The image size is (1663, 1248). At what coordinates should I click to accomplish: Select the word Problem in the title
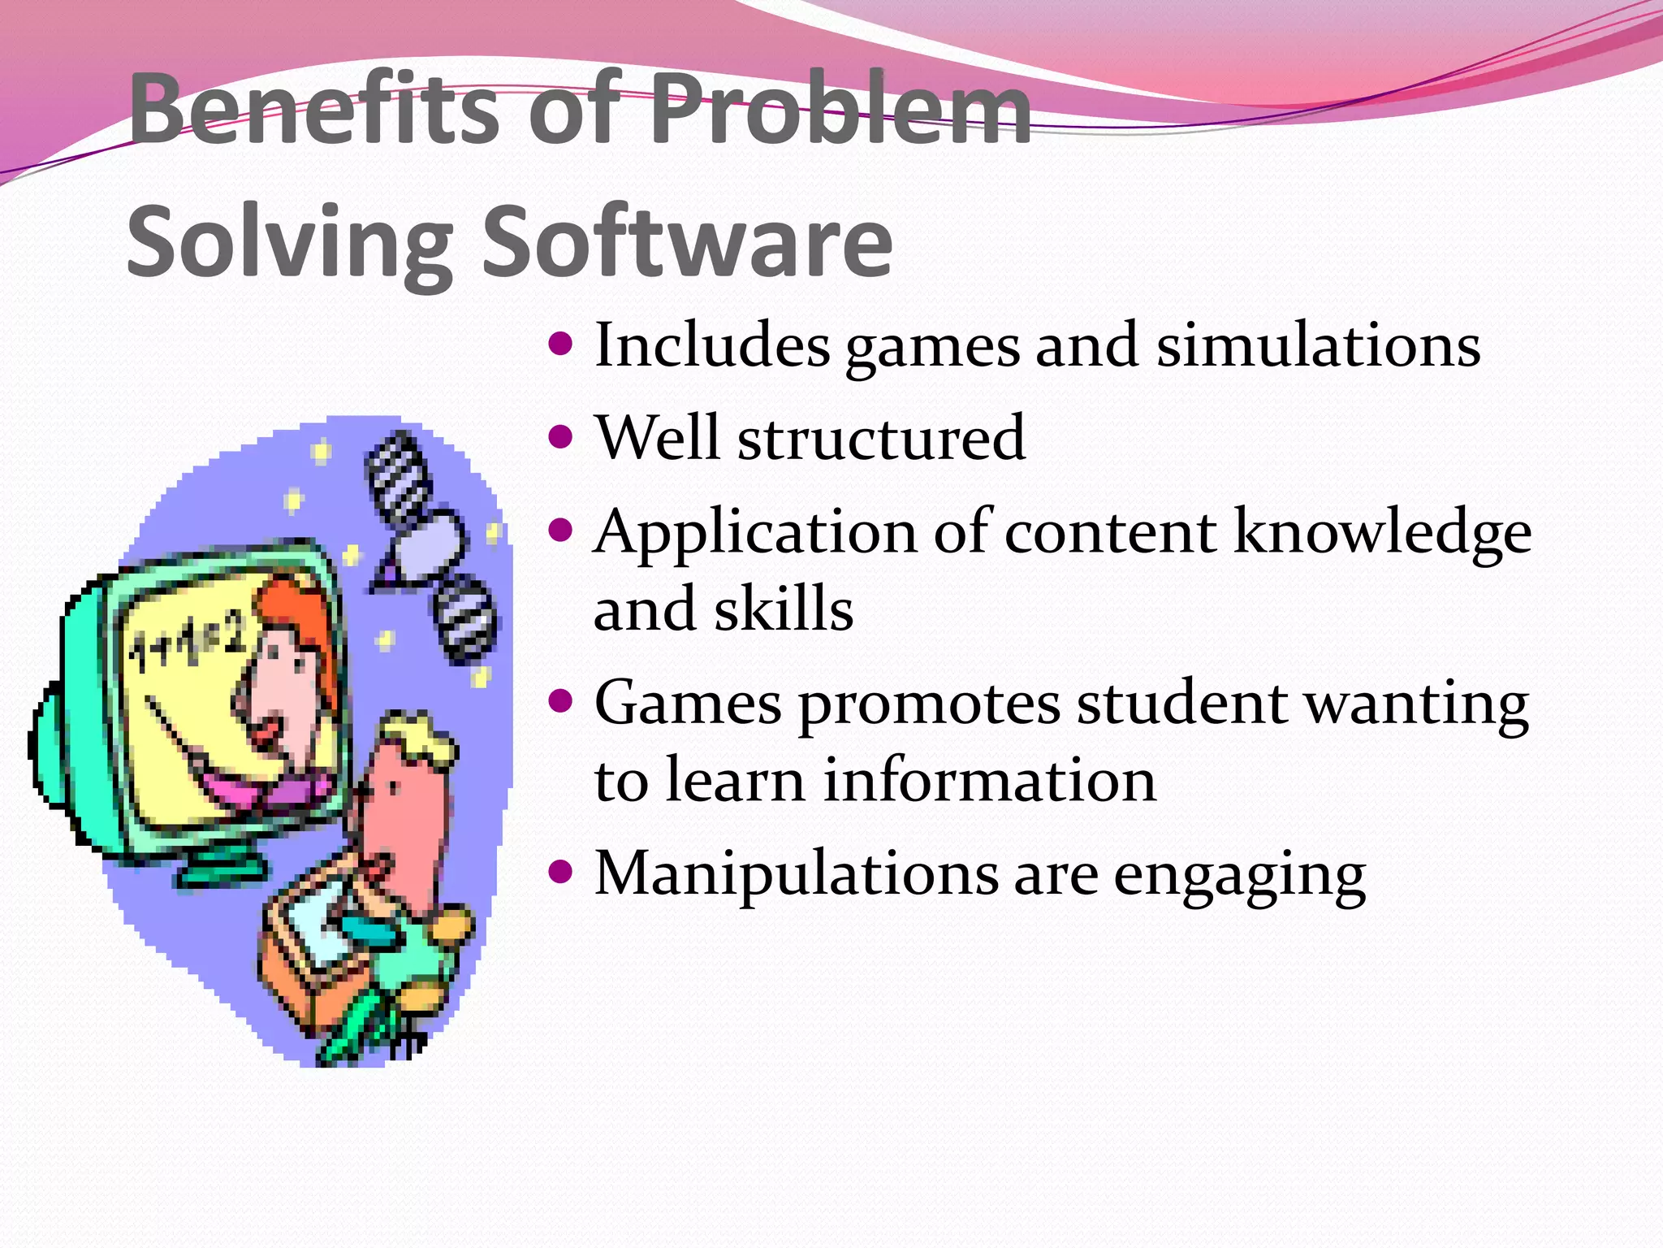(x=841, y=110)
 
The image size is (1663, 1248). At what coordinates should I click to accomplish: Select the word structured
(x=881, y=439)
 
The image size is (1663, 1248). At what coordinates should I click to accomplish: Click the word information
(x=990, y=780)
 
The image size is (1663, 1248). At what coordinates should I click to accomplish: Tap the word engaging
(x=1239, y=876)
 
